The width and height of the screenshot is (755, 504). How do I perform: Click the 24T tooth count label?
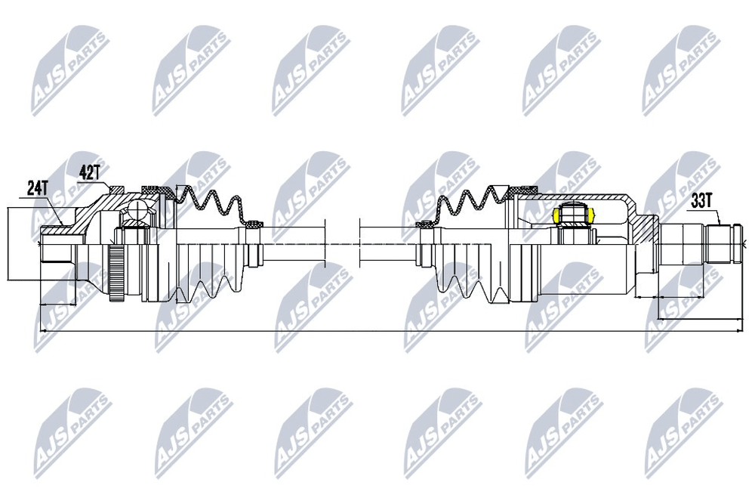coord(37,188)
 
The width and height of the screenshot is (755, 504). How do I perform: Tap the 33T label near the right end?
coord(701,202)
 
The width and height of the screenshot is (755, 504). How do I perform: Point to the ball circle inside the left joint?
coord(137,211)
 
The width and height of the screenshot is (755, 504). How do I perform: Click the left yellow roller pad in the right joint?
coord(557,215)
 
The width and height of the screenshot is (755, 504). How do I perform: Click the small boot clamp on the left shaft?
coord(255,224)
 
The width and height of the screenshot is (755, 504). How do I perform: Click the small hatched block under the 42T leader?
coord(117,189)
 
